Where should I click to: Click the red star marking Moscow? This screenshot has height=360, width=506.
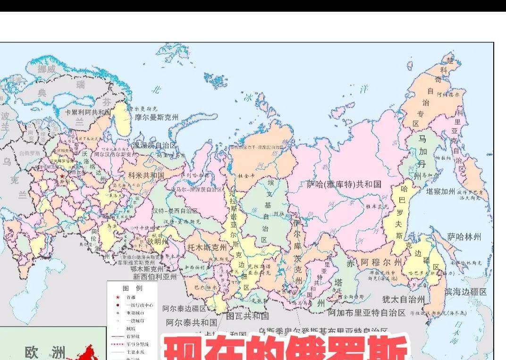click(x=62, y=176)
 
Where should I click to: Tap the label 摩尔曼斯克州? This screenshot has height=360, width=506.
click(x=157, y=117)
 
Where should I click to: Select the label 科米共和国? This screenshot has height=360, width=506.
click(x=146, y=175)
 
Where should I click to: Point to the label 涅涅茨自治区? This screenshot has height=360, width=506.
click(x=155, y=145)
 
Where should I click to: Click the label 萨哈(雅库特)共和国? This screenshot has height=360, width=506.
click(x=344, y=184)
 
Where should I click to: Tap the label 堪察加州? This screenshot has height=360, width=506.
click(x=440, y=192)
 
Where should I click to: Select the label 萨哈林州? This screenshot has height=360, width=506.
click(x=464, y=236)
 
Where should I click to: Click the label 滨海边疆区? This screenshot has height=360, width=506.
click(x=466, y=292)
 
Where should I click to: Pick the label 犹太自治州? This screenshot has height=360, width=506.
click(x=403, y=299)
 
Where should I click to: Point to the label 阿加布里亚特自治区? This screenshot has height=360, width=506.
click(x=367, y=312)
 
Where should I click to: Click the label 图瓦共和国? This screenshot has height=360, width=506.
click(x=247, y=316)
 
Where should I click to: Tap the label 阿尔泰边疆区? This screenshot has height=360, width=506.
click(x=185, y=309)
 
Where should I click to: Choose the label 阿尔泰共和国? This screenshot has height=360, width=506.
click(x=192, y=323)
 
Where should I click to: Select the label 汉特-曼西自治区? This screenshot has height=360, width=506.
click(x=175, y=210)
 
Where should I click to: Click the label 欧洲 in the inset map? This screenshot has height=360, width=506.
click(x=45, y=352)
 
